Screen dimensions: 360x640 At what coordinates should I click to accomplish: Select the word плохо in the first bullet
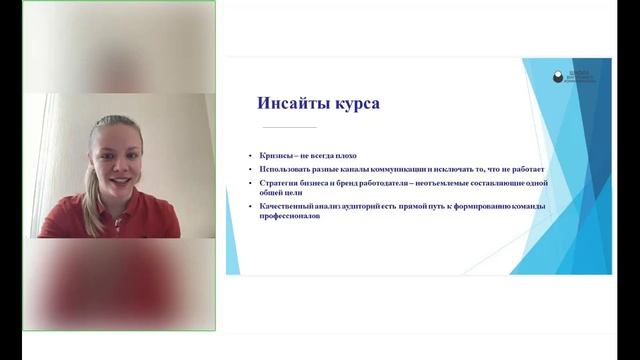coord(345,155)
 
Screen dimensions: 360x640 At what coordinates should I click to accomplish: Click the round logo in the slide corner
coord(558,75)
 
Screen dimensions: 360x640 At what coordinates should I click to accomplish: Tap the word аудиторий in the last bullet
coord(370,205)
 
